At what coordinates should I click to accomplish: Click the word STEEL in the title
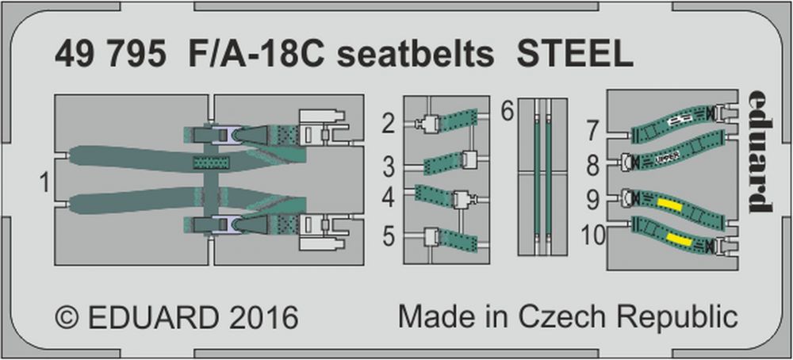point(574,56)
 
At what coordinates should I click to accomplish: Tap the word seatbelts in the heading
point(415,56)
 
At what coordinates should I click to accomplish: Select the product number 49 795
point(110,56)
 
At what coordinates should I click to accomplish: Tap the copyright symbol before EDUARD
point(67,317)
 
